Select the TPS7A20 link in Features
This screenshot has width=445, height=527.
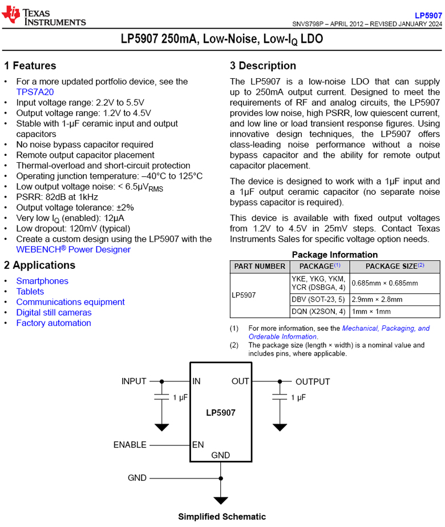(x=35, y=92)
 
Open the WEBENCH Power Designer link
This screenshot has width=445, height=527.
(x=73, y=250)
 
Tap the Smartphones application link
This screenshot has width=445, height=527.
(x=42, y=281)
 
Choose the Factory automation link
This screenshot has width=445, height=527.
(x=54, y=323)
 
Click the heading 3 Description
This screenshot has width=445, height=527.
(x=263, y=66)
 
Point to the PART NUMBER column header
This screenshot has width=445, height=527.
(x=260, y=267)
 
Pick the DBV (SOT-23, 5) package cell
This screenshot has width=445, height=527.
(x=318, y=299)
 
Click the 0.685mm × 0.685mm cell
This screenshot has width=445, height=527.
(x=385, y=283)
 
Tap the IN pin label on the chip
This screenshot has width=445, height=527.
(x=197, y=381)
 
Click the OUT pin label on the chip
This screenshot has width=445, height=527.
(x=240, y=381)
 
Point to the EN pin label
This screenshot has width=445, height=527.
(x=198, y=445)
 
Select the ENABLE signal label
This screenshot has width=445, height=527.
(x=130, y=445)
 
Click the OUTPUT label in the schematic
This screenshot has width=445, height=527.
(x=313, y=381)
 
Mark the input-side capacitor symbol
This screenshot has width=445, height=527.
(x=162, y=396)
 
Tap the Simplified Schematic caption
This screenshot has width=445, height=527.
(x=222, y=517)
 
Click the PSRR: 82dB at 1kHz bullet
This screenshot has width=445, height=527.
(x=57, y=197)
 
